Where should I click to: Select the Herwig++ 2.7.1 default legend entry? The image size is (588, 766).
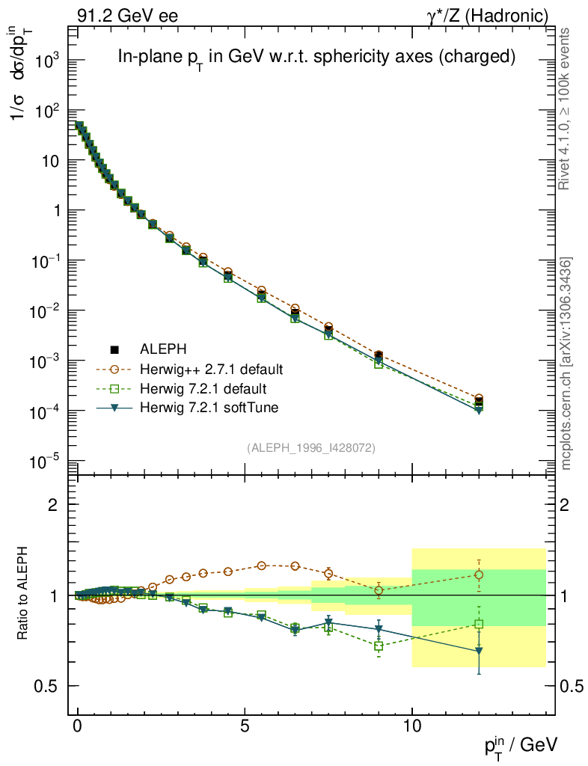[x=212, y=370]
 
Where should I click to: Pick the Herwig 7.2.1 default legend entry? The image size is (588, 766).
[x=203, y=389]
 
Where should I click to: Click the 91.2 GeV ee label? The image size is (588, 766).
[x=127, y=15]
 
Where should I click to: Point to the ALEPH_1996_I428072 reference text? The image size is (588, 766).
[x=310, y=448]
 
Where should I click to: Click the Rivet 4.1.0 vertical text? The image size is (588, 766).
[x=566, y=108]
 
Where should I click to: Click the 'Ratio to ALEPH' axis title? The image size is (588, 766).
[x=22, y=595]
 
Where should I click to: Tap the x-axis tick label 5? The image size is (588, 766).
[x=245, y=726]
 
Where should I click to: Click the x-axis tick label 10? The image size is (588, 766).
[x=411, y=726]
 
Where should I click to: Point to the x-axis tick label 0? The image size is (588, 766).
[x=78, y=726]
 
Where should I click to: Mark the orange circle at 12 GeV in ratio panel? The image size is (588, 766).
[x=479, y=574]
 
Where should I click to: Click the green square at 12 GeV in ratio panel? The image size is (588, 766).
[x=479, y=624]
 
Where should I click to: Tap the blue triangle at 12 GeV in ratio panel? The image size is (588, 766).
[x=479, y=652]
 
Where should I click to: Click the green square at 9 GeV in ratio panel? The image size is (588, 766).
[x=379, y=646]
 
